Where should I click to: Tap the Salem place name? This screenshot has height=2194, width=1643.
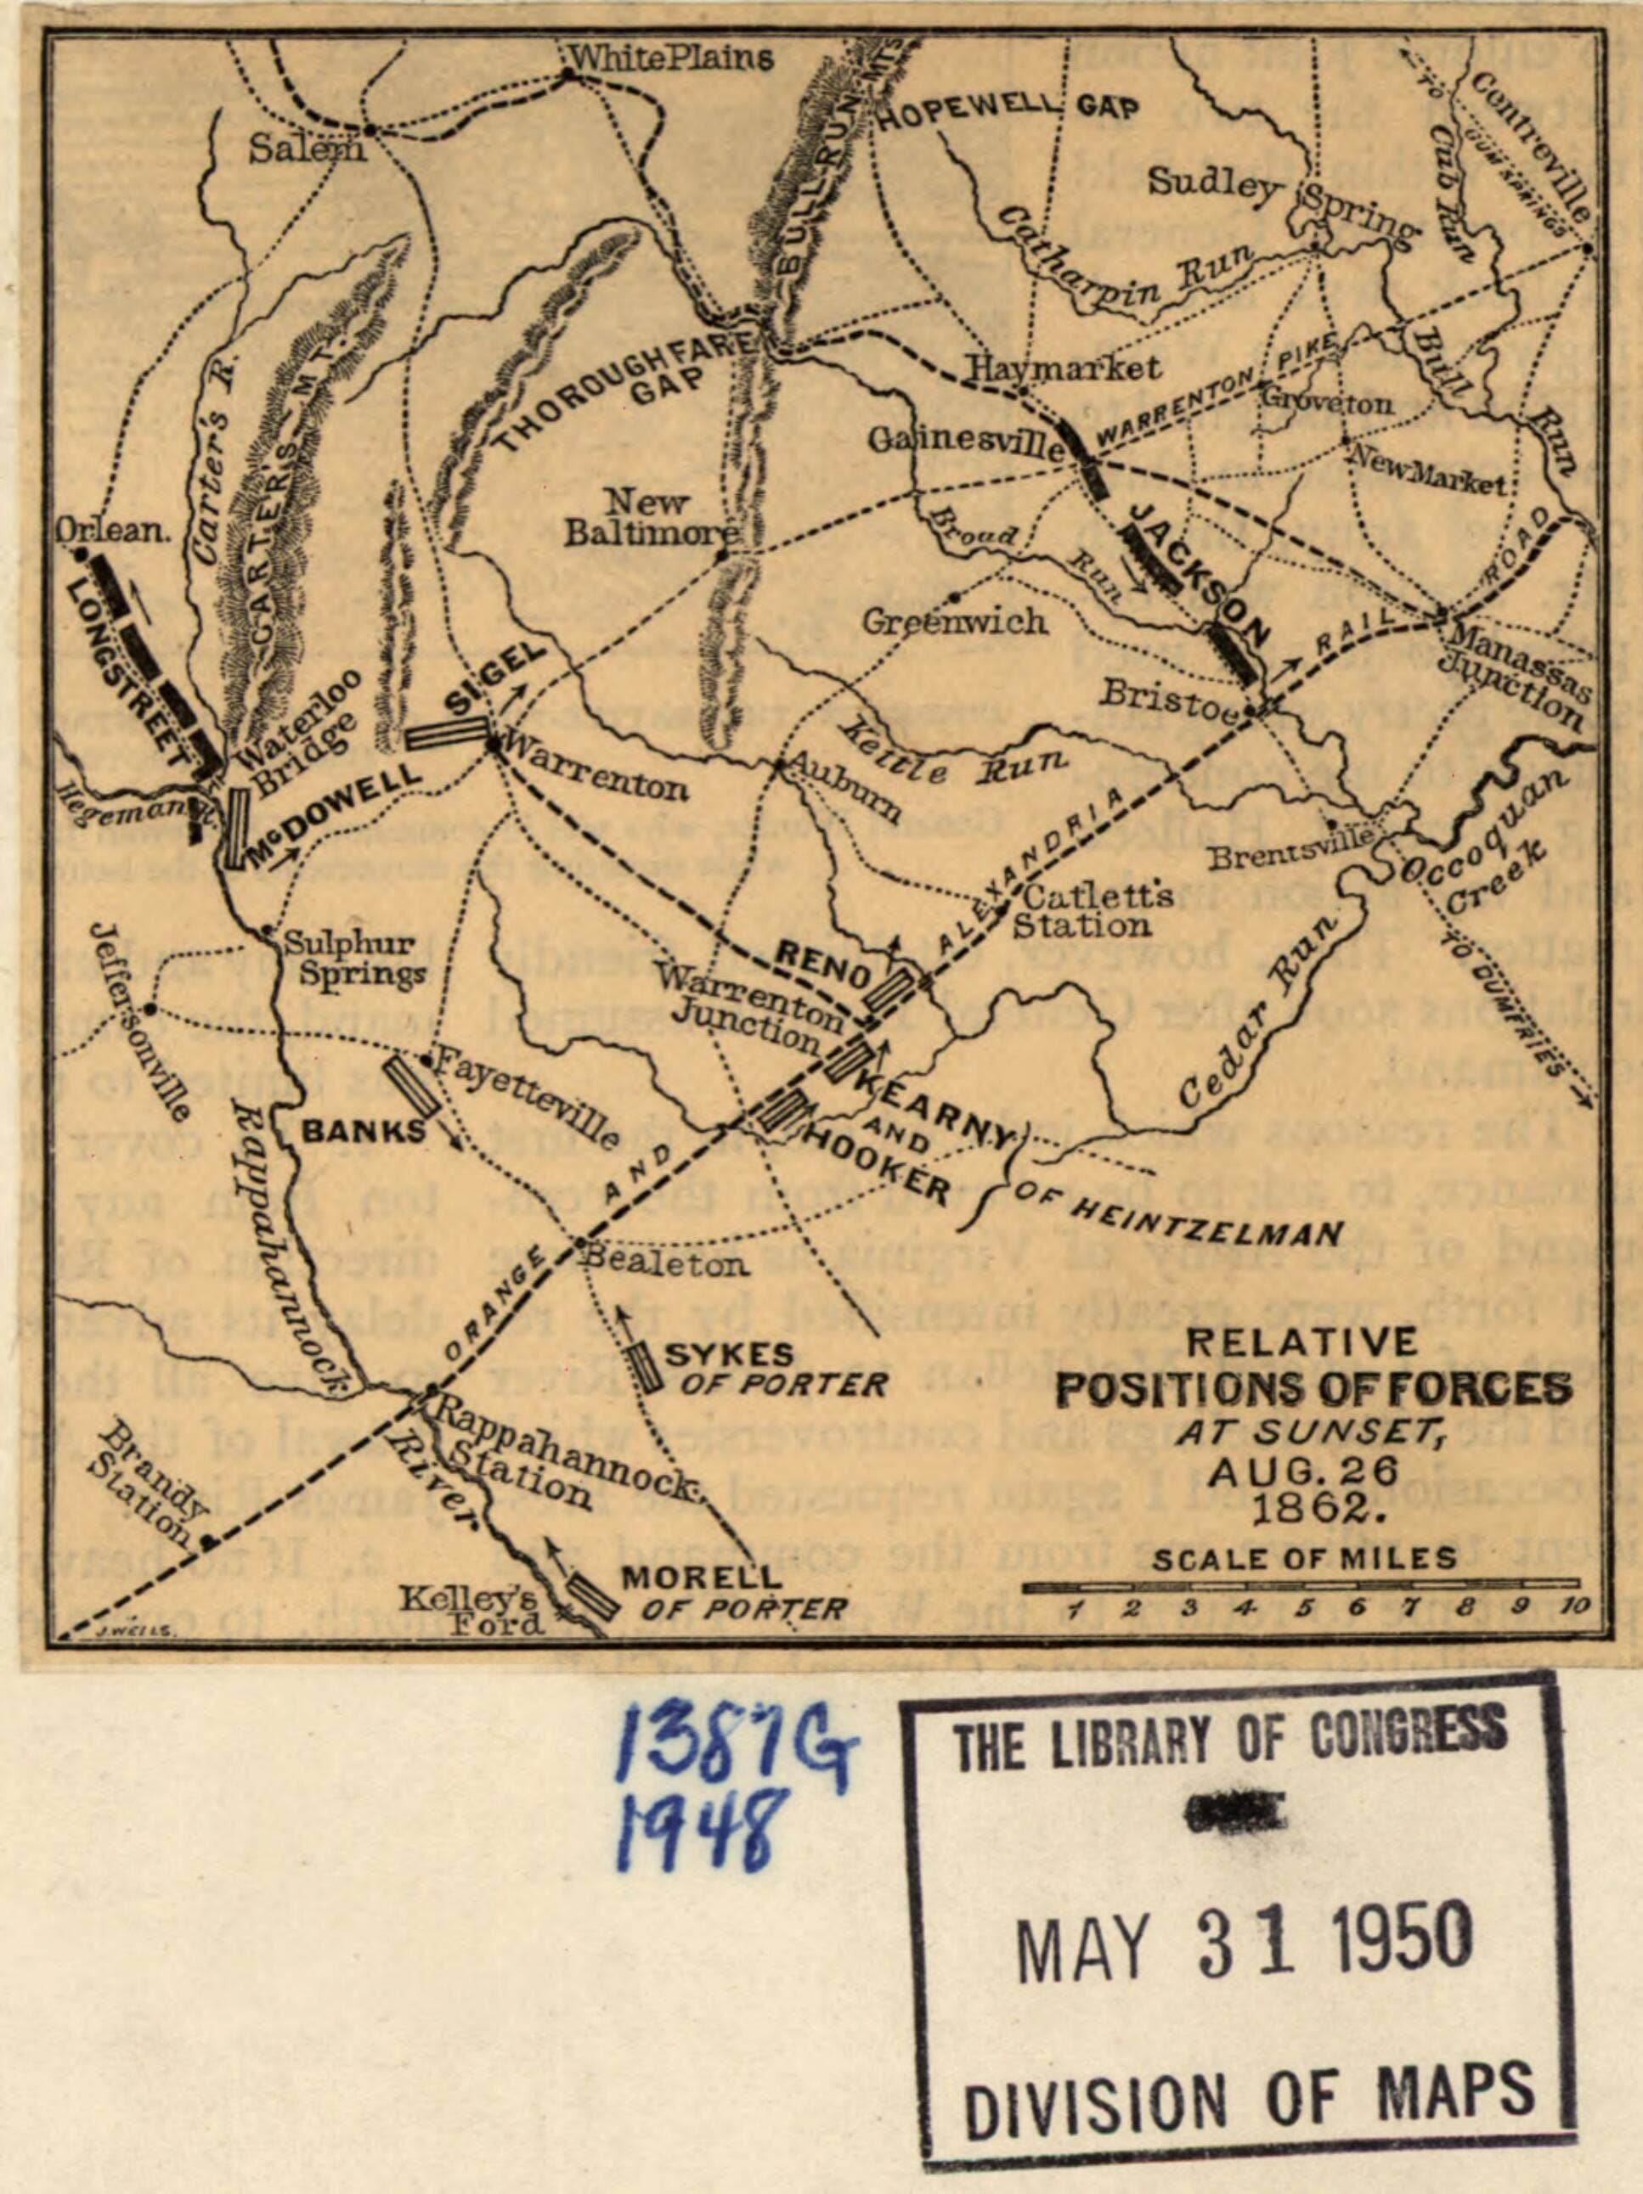(307, 149)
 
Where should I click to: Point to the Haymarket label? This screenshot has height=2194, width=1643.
(1064, 368)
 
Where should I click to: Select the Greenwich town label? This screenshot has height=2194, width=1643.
(953, 622)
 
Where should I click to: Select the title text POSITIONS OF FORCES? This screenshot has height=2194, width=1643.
(1313, 1390)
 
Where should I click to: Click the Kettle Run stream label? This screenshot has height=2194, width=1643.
(968, 755)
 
